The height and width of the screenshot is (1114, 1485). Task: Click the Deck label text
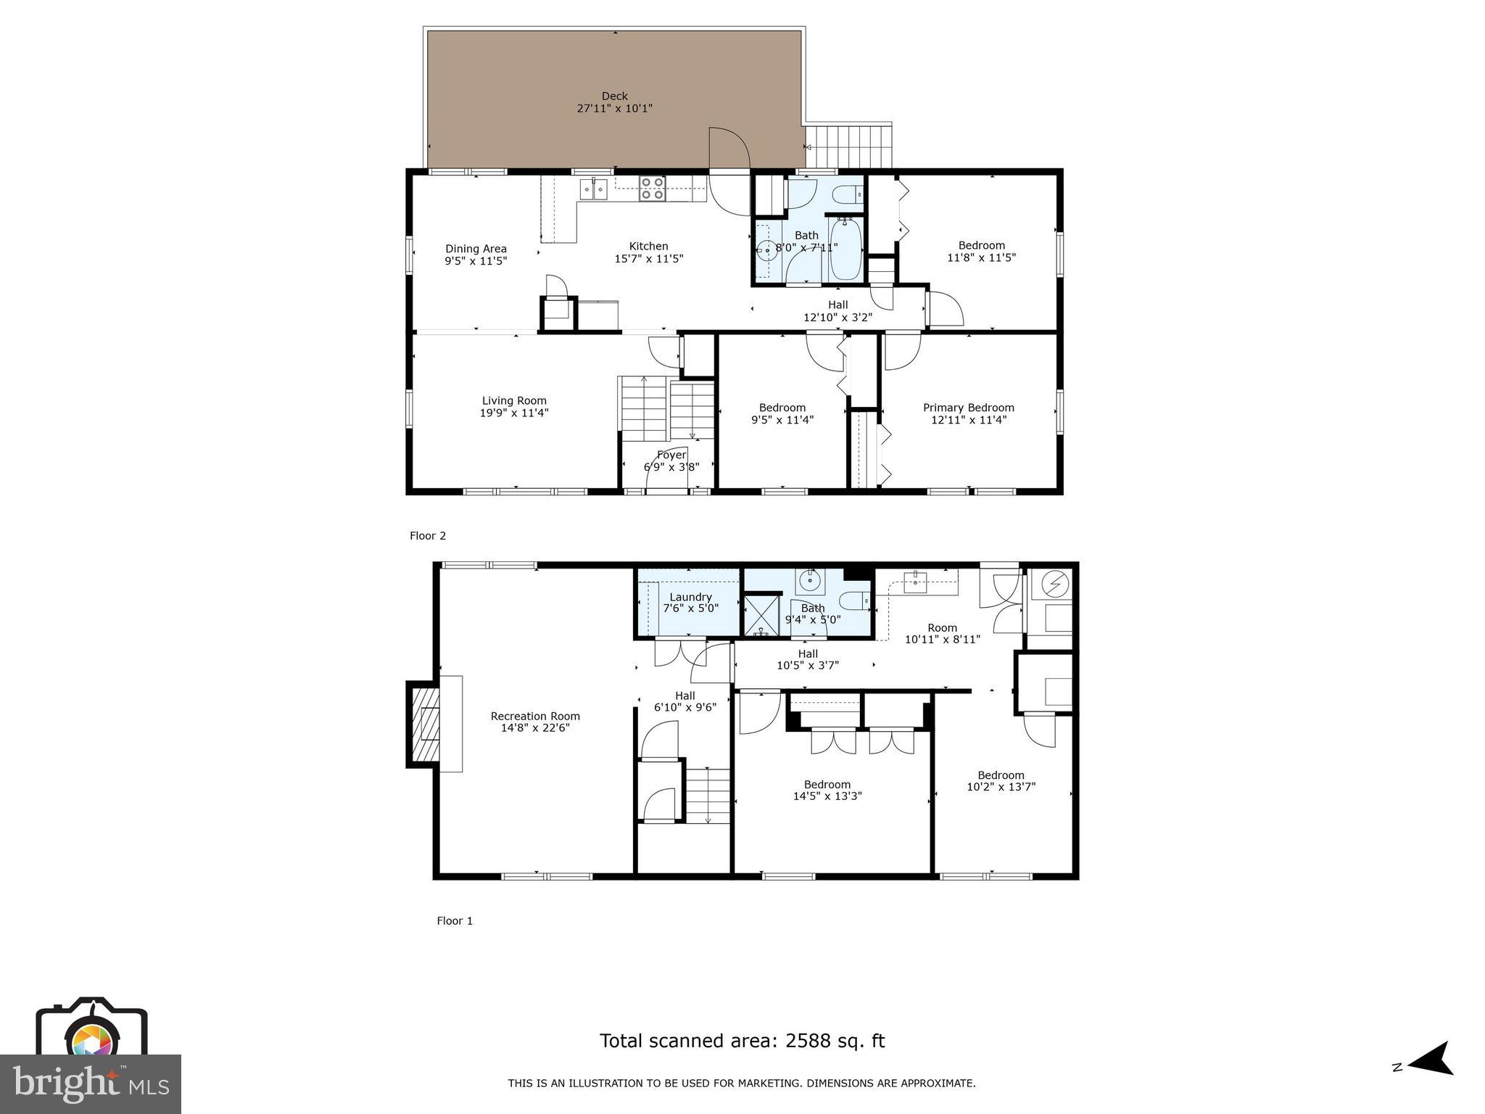pos(614,96)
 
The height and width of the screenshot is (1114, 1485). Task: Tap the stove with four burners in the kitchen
pos(652,189)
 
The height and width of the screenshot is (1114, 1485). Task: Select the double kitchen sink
pos(594,189)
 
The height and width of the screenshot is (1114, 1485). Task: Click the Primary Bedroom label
pos(968,408)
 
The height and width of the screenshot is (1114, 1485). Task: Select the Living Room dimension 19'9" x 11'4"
pos(514,413)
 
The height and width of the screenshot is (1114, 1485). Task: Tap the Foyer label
pos(671,455)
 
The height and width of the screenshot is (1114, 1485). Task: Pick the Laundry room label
pos(690,597)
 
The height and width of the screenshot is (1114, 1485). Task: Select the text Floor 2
pos(428,536)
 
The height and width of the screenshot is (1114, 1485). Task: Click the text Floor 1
pos(455,921)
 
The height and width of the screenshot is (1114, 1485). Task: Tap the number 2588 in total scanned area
pos(807,1041)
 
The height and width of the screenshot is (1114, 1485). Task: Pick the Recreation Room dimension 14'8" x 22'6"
pos(535,727)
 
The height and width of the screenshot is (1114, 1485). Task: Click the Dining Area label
pos(476,249)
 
